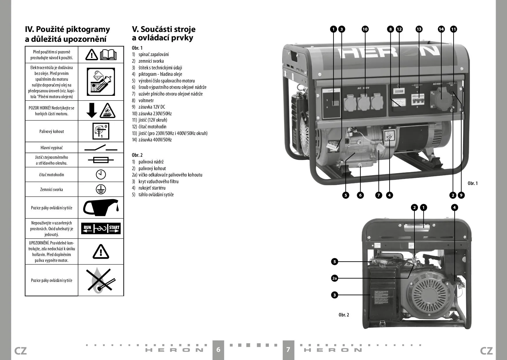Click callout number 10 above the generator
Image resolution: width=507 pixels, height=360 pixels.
[365, 29]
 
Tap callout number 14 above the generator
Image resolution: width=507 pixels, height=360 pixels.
[441, 29]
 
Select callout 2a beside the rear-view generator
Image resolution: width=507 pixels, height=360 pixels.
[334, 278]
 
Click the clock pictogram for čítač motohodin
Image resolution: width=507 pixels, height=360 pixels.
[101, 174]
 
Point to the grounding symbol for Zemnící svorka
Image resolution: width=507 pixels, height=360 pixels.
[101, 189]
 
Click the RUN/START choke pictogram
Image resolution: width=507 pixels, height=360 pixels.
[101, 228]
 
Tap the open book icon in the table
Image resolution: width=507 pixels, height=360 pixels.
[108, 55]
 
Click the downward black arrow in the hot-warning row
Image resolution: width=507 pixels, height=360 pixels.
[92, 111]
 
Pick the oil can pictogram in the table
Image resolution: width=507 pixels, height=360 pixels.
[101, 208]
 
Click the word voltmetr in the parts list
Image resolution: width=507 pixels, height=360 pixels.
[146, 100]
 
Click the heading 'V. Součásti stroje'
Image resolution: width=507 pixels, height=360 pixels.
[164, 29]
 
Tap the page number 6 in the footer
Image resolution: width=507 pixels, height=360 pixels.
[218, 349]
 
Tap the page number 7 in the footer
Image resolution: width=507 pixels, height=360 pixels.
[288, 349]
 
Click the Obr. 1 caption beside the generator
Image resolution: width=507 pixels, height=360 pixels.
[472, 183]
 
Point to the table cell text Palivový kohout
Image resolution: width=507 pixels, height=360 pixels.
[52, 132]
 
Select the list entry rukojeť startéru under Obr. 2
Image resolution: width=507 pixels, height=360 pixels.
[152, 188]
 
